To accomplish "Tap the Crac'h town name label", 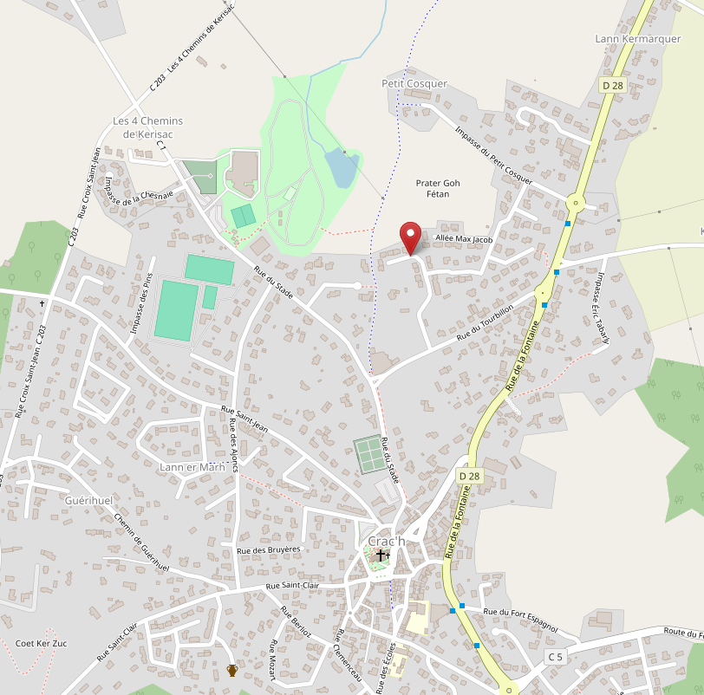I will (386, 541).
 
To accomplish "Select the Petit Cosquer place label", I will (414, 83).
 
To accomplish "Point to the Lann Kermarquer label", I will (639, 39).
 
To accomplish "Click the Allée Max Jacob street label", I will (463, 238).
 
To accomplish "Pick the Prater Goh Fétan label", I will (438, 188).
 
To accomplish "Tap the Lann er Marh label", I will (186, 468).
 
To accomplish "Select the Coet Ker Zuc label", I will (41, 644).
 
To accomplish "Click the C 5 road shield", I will (555, 657).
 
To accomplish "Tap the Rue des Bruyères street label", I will (268, 549).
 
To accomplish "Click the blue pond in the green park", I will (342, 167).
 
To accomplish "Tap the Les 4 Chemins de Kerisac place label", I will (147, 127).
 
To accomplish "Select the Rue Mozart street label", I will (274, 659).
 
